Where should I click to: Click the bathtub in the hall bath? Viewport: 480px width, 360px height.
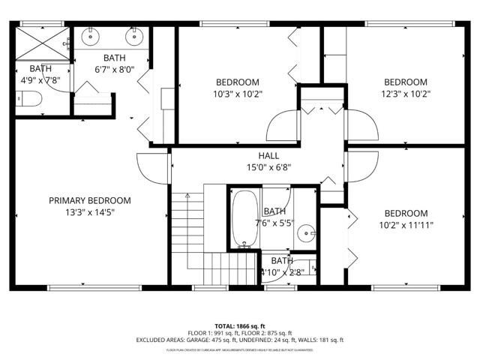click(x=244, y=218)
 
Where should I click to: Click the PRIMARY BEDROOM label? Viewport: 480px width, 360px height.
click(x=90, y=200)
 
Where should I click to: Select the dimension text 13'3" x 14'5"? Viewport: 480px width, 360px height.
click(x=90, y=212)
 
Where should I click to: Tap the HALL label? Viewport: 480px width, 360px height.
click(x=259, y=156)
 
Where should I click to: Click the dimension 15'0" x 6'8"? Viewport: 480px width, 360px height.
click(x=259, y=168)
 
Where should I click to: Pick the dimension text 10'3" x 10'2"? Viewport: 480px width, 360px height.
click(x=238, y=94)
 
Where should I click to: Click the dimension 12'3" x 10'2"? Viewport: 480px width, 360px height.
click(x=406, y=94)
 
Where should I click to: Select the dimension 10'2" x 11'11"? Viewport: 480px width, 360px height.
click(x=406, y=224)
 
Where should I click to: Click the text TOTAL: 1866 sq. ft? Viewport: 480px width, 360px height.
click(x=240, y=326)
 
